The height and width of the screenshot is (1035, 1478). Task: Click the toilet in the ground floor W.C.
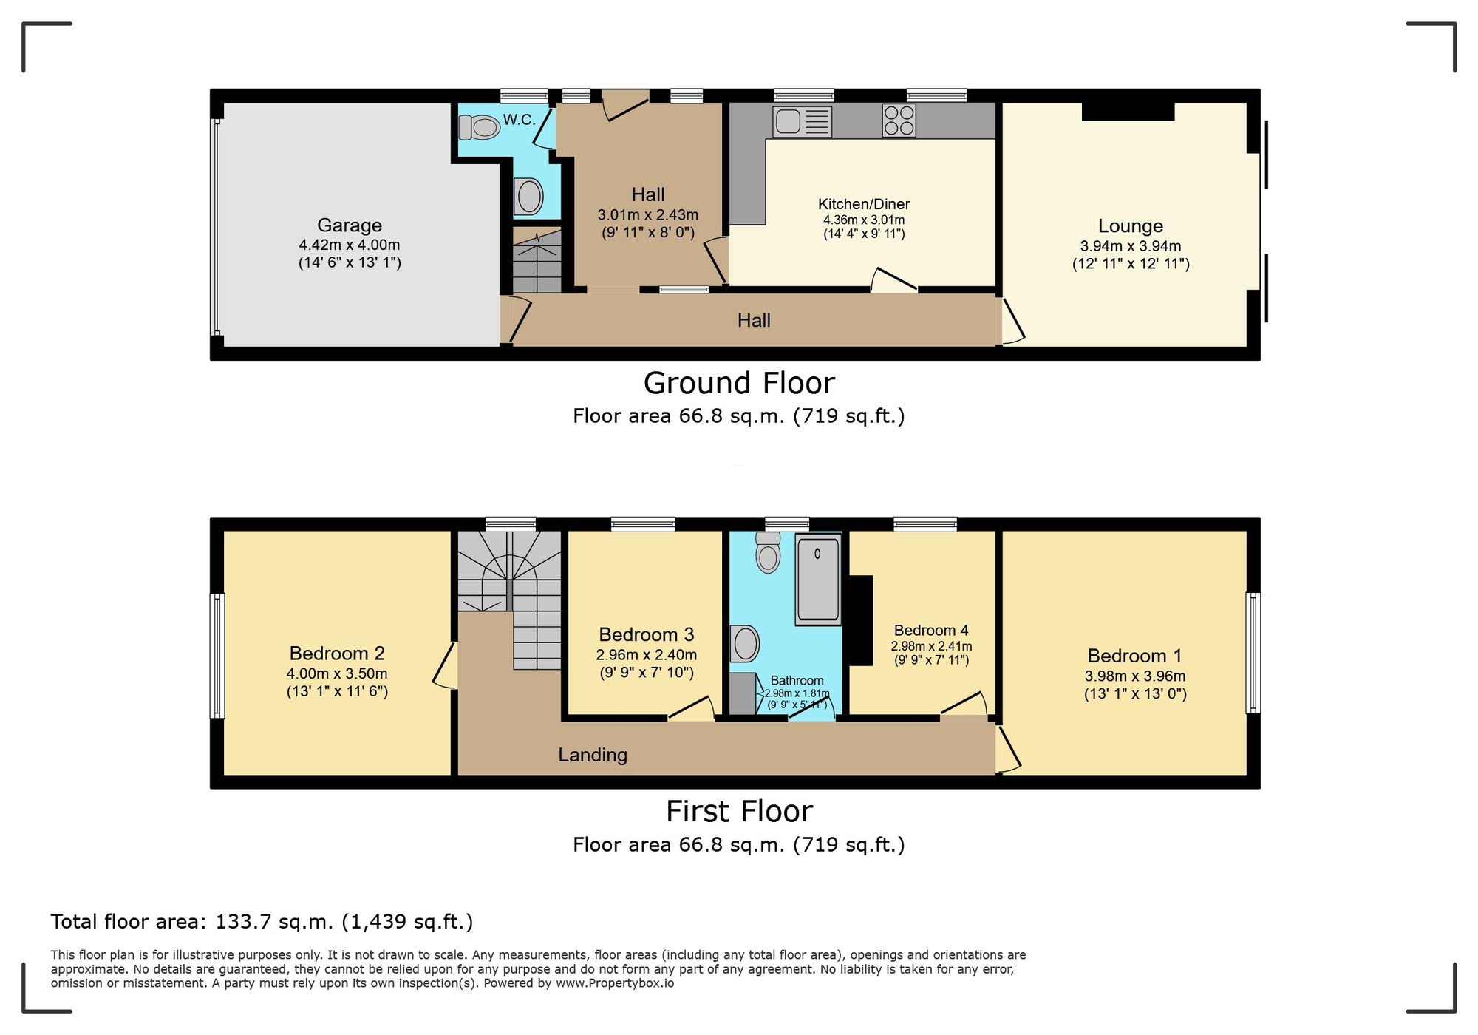(480, 127)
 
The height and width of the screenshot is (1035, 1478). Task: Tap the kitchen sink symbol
(802, 122)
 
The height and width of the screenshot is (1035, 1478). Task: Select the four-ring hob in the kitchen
(899, 121)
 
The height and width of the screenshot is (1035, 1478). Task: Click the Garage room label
(350, 225)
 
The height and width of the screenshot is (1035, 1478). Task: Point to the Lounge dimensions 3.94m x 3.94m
(1131, 246)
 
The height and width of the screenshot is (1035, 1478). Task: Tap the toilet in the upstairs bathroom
(768, 554)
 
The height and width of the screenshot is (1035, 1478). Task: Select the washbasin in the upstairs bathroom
(745, 643)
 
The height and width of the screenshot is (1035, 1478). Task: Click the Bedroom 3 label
(646, 634)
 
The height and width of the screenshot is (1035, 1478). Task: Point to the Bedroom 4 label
(930, 631)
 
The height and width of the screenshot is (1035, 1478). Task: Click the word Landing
(593, 755)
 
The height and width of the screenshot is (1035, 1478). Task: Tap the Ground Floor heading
(739, 383)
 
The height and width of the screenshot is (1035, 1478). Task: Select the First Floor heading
(739, 812)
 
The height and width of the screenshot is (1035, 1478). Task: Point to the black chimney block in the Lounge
(1128, 111)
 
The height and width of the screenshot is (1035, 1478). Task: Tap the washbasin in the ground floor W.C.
(529, 197)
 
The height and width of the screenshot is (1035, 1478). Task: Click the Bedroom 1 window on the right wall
(1253, 653)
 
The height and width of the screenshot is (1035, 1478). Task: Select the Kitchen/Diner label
(864, 204)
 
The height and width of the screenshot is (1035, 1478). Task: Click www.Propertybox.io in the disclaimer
(615, 983)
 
